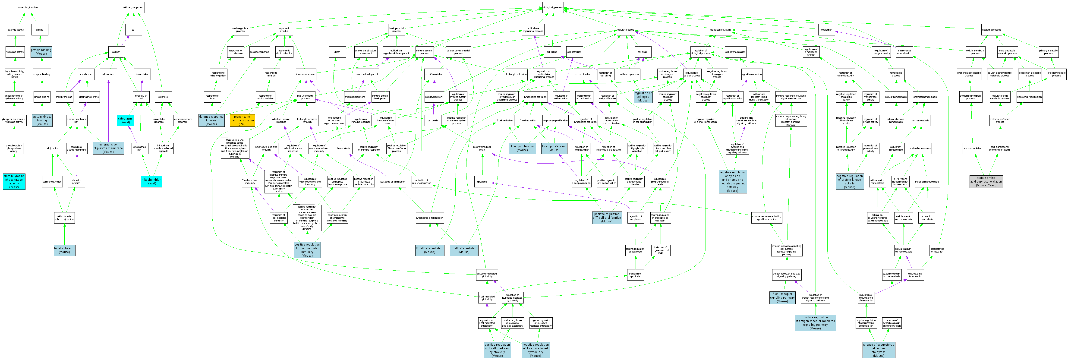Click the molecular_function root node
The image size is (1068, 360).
pos(28,7)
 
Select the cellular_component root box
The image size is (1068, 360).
pos(133,7)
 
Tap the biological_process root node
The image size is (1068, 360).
pos(553,7)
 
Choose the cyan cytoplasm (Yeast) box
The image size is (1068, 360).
pos(125,120)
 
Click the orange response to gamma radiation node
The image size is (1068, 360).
pos(242,120)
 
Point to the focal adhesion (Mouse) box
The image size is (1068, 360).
pos(64,250)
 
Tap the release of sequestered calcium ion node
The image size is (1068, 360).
pos(879,350)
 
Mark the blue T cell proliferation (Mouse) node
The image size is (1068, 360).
pos(554,148)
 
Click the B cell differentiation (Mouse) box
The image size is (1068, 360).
pos(429,250)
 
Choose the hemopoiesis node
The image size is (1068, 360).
pos(344,148)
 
